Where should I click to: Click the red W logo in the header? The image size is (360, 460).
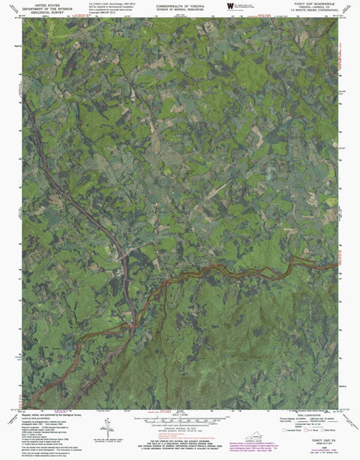click(x=229, y=6)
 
